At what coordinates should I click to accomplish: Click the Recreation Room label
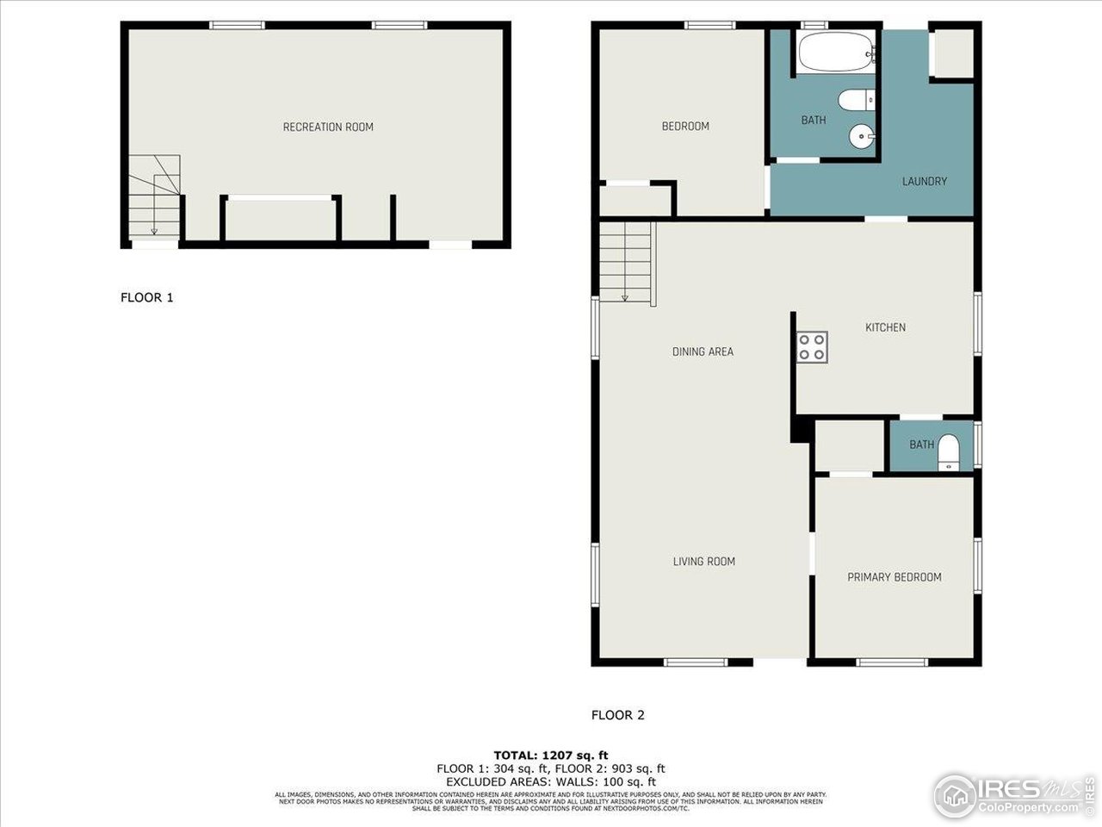click(328, 127)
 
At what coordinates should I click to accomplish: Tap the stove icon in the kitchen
click(812, 347)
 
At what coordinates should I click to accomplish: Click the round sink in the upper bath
click(861, 136)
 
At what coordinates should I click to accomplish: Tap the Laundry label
click(924, 182)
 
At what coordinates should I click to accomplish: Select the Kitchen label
click(885, 327)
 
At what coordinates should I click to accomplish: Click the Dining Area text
click(703, 351)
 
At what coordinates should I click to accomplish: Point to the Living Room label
click(703, 562)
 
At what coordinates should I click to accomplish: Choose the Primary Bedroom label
click(894, 577)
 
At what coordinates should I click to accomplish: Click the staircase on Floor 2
click(627, 262)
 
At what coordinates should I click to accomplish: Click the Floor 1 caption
click(146, 298)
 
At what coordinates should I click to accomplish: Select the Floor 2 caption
click(617, 715)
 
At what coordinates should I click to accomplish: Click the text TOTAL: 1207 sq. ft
click(550, 755)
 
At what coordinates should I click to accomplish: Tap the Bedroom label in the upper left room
click(685, 127)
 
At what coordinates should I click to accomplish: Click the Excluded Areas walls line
click(550, 781)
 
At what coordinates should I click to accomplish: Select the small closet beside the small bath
click(849, 445)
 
